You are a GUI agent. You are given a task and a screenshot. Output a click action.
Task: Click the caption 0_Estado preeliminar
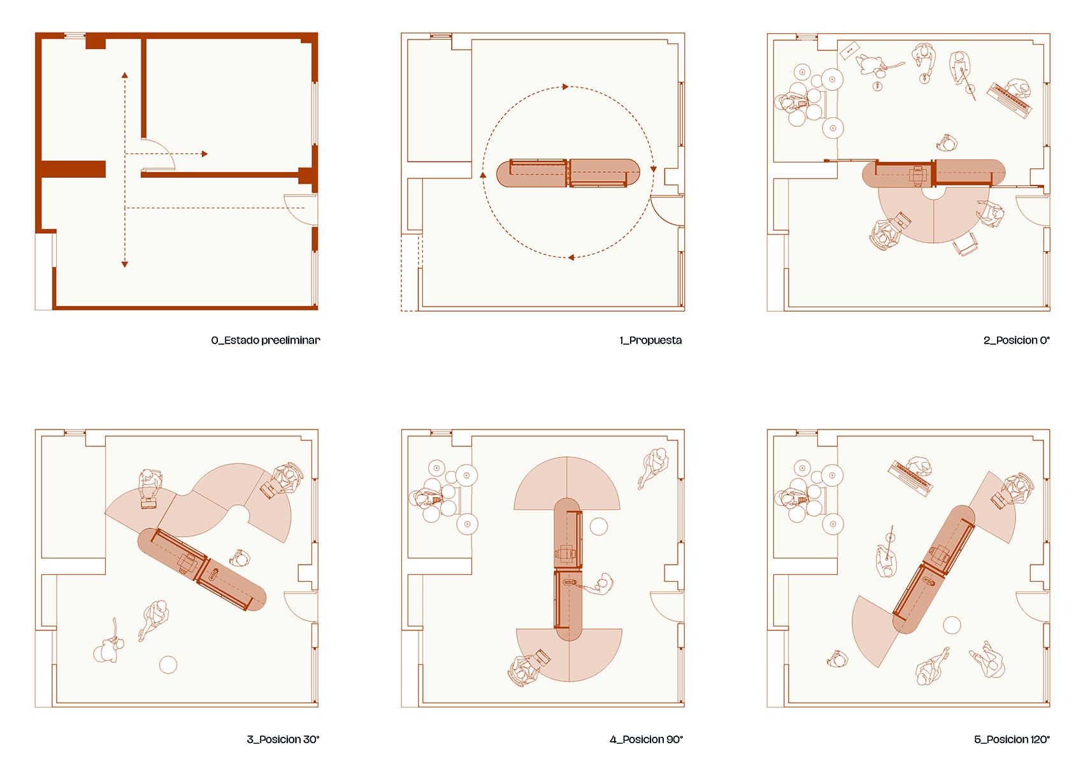point(266,340)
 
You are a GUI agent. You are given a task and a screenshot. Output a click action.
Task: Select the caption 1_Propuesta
point(650,340)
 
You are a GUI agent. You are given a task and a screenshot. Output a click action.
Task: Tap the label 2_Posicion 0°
point(1016,340)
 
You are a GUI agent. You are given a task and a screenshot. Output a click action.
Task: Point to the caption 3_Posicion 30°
point(283,739)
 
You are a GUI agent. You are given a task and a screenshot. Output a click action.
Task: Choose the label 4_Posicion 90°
point(647,739)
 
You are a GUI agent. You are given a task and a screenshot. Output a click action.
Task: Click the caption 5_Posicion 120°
point(1012,739)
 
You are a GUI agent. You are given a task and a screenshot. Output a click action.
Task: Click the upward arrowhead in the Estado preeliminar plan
point(125,75)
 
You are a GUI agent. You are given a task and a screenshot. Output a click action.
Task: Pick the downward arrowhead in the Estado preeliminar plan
point(125,264)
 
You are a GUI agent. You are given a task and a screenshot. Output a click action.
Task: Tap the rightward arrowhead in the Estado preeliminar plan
point(204,154)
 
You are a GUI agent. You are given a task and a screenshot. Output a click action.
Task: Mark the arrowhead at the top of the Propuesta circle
point(565,87)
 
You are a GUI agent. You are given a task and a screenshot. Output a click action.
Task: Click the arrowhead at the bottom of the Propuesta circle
point(571,257)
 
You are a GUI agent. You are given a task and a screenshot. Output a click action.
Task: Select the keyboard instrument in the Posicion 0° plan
point(1010,100)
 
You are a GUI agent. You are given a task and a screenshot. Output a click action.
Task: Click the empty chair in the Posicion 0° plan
point(966,243)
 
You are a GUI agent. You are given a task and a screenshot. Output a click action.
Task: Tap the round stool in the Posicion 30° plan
point(168,665)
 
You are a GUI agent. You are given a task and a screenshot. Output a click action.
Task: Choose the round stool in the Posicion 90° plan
point(599,526)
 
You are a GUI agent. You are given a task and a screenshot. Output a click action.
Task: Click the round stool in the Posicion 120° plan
point(952,625)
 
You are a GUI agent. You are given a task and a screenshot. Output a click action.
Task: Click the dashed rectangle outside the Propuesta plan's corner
point(412,273)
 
